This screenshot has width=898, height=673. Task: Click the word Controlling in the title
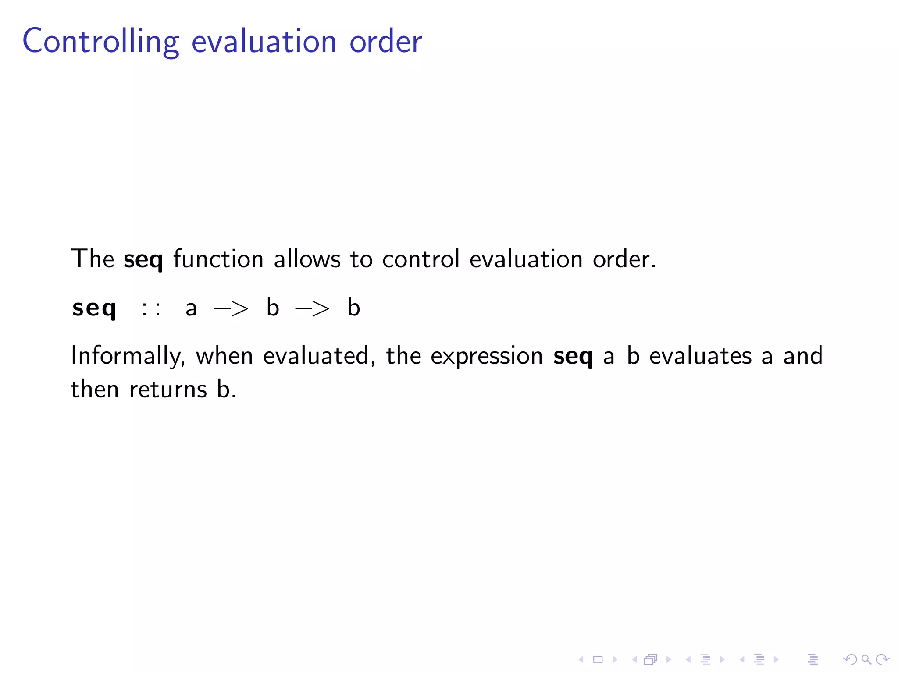click(100, 41)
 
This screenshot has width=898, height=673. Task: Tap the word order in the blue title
click(385, 41)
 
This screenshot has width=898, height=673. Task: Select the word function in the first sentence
click(218, 259)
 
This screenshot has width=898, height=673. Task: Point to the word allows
click(307, 259)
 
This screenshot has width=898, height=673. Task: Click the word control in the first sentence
click(420, 259)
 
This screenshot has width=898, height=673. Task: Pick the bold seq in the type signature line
click(94, 308)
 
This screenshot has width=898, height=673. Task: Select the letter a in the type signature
click(191, 308)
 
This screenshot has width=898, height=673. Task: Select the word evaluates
click(700, 356)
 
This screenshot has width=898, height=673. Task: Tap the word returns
click(168, 390)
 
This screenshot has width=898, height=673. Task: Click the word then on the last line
click(94, 389)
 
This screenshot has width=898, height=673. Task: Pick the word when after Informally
click(224, 356)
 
